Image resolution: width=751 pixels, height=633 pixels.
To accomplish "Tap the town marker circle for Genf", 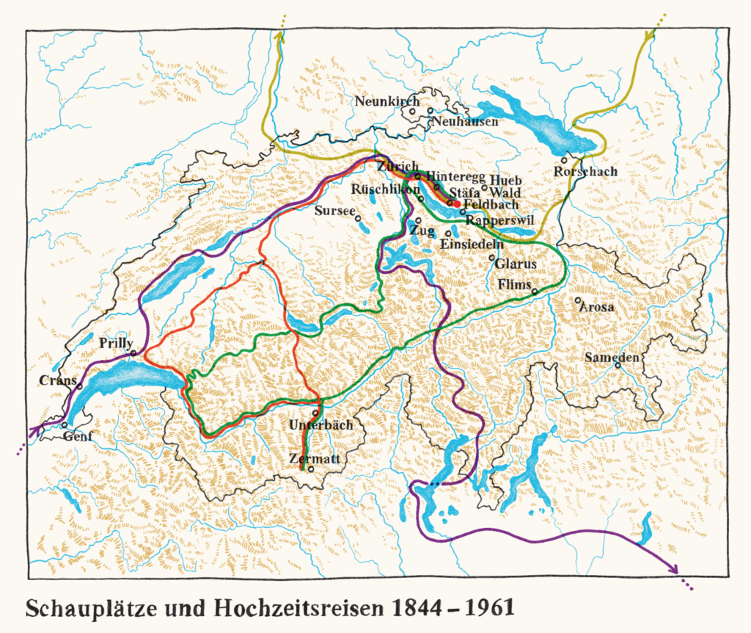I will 65,424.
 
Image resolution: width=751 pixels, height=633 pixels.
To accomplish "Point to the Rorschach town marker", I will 564,160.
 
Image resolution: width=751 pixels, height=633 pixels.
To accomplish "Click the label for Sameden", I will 613,357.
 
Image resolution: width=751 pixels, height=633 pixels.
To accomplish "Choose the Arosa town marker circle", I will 578,300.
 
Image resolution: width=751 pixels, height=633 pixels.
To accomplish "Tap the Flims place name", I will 513,284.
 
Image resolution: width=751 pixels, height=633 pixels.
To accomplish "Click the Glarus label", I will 516,263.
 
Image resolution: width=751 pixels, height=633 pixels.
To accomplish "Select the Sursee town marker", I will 357,217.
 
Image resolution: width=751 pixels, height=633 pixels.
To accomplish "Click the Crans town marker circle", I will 79,386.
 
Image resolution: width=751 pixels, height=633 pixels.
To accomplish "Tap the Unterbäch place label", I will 320,424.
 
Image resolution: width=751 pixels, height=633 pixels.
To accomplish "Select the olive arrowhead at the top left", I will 279,37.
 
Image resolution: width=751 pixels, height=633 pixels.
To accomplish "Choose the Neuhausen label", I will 464,121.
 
